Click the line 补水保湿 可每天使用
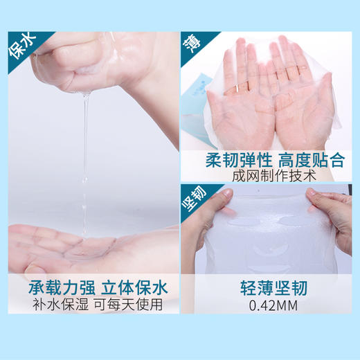(95, 305)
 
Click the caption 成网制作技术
(271, 176)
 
